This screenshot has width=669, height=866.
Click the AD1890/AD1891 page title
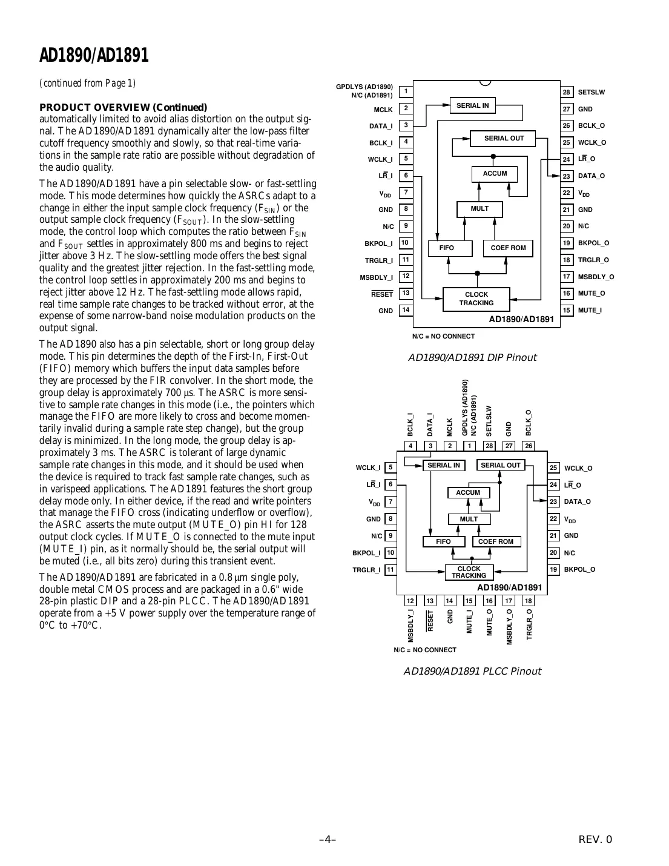click(x=94, y=56)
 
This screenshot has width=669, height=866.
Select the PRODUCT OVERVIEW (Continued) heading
click(x=123, y=107)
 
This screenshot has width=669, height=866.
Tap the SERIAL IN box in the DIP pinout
click(x=472, y=105)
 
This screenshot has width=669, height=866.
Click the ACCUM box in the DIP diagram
click(x=495, y=174)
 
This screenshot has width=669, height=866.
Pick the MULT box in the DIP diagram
click(x=480, y=209)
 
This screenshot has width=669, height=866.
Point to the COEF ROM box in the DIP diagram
click(x=508, y=248)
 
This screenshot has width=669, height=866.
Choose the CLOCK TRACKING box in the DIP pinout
click(x=476, y=299)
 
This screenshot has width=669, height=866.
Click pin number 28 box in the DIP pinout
click(x=567, y=92)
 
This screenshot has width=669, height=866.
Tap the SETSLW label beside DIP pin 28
click(x=592, y=93)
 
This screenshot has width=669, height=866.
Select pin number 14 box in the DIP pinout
click(x=406, y=310)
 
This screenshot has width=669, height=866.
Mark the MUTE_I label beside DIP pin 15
click(x=590, y=310)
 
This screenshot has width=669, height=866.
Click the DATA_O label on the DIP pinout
click(x=592, y=176)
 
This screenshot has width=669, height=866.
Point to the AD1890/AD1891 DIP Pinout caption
click(x=472, y=358)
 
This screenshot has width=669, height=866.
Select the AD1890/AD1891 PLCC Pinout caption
click(x=472, y=671)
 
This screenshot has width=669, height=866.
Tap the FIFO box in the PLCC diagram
click(x=443, y=541)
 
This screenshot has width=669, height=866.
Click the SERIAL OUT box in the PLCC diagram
click(x=501, y=465)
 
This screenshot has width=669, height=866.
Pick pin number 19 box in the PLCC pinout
click(x=553, y=569)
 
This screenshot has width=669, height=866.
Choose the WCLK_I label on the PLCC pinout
click(x=368, y=468)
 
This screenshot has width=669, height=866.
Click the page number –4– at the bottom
click(x=328, y=839)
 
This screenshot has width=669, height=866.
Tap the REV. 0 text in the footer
click(x=595, y=839)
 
